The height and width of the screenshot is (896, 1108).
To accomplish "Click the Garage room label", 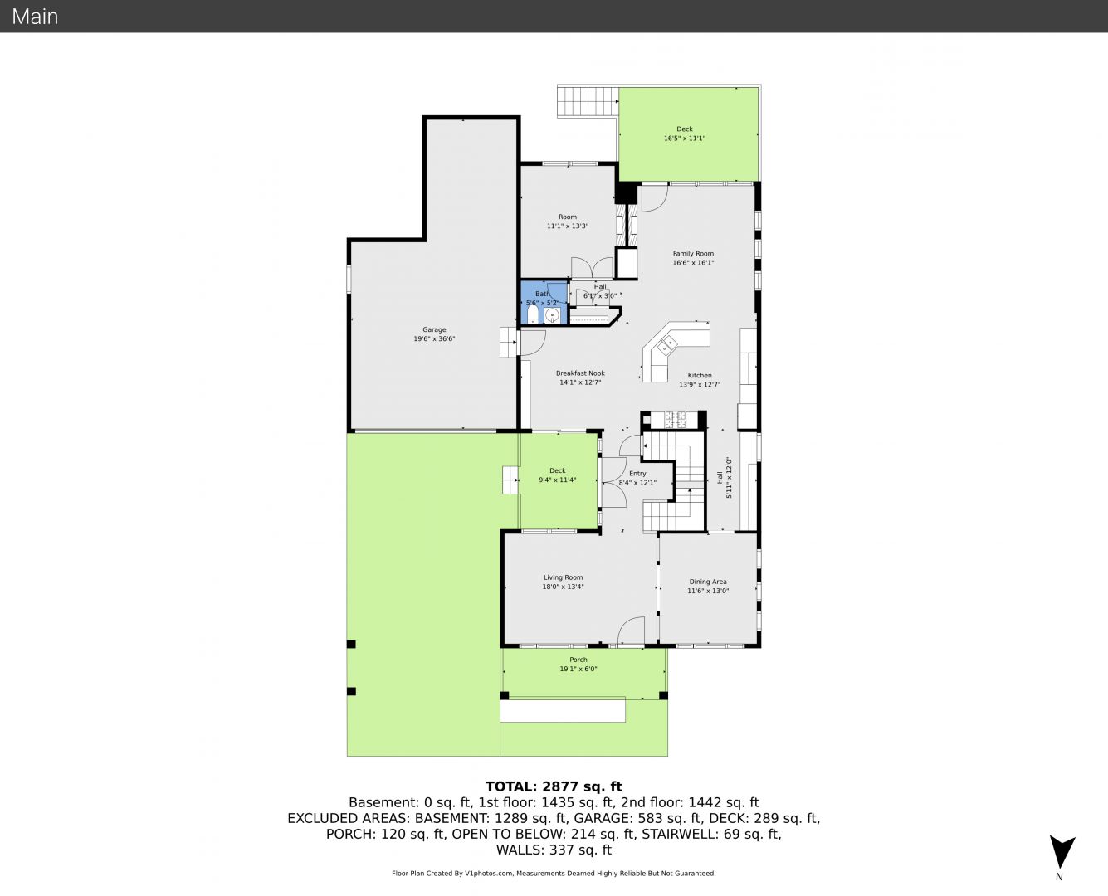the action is [x=434, y=329].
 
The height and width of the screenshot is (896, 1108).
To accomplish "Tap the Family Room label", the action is [x=693, y=254].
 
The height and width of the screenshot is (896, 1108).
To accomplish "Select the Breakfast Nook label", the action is [x=580, y=373].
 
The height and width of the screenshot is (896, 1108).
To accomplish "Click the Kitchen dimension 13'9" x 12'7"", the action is [x=700, y=385].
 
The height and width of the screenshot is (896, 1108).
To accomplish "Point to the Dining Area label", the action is [x=708, y=582].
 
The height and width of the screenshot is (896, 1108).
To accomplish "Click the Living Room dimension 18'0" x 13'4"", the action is [x=564, y=587].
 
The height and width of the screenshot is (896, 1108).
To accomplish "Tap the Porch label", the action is [x=578, y=660].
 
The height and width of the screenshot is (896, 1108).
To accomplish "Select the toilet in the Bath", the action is [x=533, y=314].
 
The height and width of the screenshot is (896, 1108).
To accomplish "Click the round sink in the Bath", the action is [x=552, y=315].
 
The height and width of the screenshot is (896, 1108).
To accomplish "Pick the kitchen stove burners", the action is [x=676, y=419].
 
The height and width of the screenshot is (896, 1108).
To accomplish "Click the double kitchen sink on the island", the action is [x=666, y=345].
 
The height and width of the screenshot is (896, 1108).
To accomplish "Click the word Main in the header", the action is [x=35, y=17].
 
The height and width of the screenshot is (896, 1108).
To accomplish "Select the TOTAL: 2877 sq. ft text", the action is [x=554, y=786].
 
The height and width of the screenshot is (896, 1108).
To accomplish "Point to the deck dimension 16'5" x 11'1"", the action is [x=685, y=139].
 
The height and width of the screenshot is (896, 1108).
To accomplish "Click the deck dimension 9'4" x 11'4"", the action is [x=558, y=480].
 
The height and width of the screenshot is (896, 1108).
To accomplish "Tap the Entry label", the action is [x=637, y=474].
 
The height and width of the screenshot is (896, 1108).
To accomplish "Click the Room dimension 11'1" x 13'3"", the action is [x=568, y=226].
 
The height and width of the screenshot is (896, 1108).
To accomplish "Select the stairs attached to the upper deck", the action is [x=588, y=101].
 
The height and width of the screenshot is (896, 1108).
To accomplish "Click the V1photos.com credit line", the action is [x=554, y=873].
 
